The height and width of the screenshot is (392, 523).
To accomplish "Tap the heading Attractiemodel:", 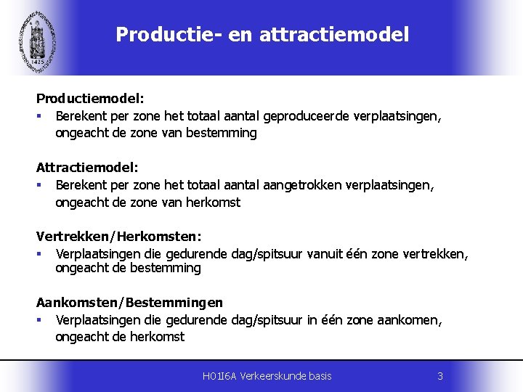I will tap(87, 167).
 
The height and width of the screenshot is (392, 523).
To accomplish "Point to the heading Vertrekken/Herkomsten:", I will tap(119, 236).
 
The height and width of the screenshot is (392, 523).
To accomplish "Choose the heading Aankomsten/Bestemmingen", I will tap(130, 302).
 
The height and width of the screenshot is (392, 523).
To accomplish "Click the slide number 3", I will tap(439, 375).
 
